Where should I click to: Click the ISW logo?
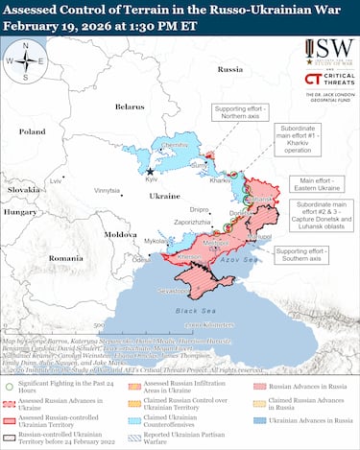point(324,51)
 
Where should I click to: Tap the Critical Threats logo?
point(324,80)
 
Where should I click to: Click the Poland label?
point(32,131)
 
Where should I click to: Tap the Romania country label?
point(66,258)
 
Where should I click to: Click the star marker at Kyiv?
point(149,171)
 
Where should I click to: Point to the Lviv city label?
point(57,180)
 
